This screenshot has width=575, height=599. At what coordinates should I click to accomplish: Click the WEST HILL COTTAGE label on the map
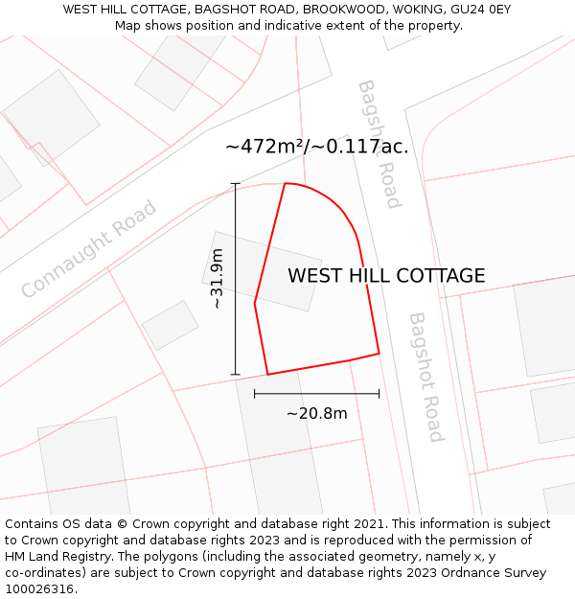(x=386, y=276)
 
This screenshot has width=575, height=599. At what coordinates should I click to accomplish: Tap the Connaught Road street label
(x=88, y=248)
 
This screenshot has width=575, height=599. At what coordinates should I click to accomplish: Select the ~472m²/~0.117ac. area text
(x=316, y=147)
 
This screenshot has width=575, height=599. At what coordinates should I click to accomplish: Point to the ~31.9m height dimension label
(x=218, y=278)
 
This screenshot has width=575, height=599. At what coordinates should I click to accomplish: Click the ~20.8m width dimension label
(x=316, y=413)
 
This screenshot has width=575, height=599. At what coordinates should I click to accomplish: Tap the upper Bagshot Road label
(x=379, y=144)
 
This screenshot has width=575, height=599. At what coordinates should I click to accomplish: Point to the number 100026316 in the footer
(x=39, y=589)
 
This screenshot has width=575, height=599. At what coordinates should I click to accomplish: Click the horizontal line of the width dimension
(x=316, y=393)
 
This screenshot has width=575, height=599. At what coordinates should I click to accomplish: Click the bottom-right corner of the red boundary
(x=379, y=354)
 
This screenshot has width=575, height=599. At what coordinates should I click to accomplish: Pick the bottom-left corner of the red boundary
(x=267, y=374)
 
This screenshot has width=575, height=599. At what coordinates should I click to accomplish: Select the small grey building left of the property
(x=171, y=325)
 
